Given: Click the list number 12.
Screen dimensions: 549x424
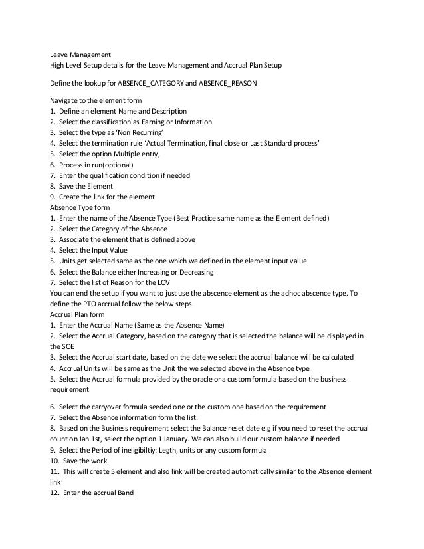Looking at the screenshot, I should click(x=54, y=492).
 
